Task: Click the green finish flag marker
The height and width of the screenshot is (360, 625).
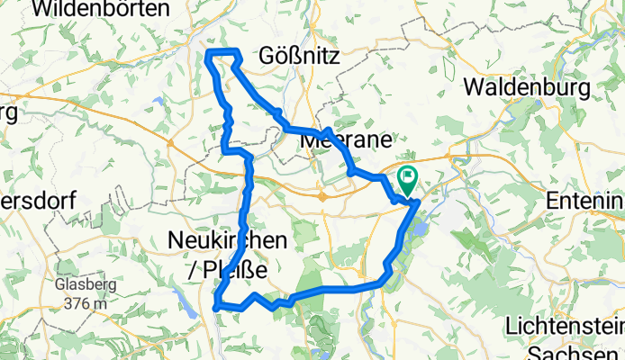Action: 407,178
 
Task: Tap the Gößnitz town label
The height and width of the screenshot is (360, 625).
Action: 298,57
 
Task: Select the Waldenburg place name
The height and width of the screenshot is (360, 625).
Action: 529,87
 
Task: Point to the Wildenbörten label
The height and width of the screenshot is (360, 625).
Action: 101,10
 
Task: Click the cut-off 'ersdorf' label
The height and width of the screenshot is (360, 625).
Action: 36,200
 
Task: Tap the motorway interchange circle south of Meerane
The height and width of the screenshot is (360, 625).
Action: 322,194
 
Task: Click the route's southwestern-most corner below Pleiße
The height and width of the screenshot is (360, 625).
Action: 217,308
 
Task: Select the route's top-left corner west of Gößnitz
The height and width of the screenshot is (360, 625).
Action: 209,54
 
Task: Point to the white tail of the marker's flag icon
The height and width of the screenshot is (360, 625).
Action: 410,175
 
